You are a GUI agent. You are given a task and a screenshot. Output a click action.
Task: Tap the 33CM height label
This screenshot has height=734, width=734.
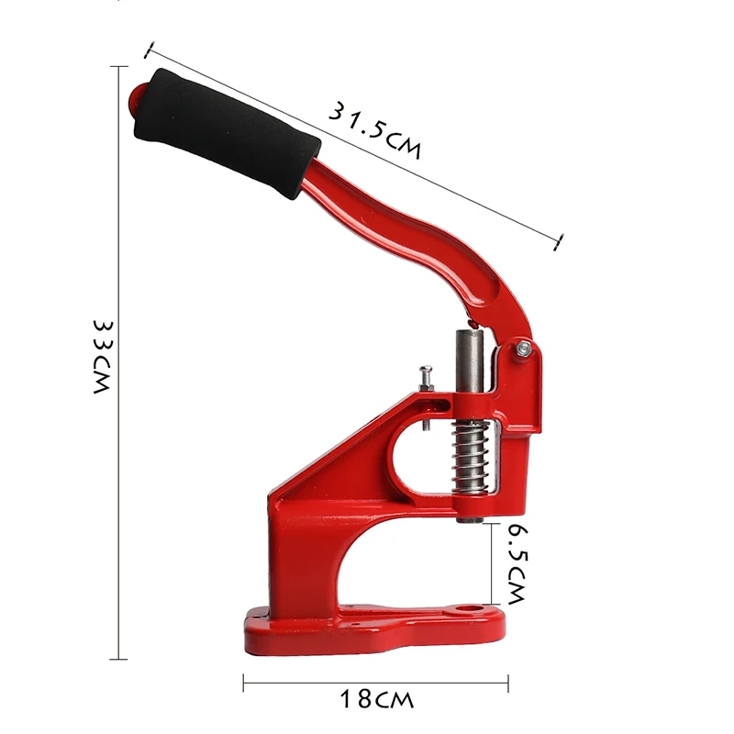pos(103,357)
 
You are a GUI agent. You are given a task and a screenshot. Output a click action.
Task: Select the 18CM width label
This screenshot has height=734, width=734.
pos(376,699)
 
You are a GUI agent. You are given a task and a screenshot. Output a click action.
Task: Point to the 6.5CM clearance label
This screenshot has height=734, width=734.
pos(517,563)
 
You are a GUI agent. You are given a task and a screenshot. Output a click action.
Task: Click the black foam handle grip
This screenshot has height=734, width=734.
pos(228,134)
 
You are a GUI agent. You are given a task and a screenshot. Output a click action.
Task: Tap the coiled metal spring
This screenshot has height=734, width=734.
pos(471,457)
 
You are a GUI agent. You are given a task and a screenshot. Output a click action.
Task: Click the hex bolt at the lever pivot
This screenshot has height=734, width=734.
pos(524,349)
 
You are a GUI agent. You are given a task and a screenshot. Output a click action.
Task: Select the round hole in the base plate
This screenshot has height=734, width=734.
pos(471,609)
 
